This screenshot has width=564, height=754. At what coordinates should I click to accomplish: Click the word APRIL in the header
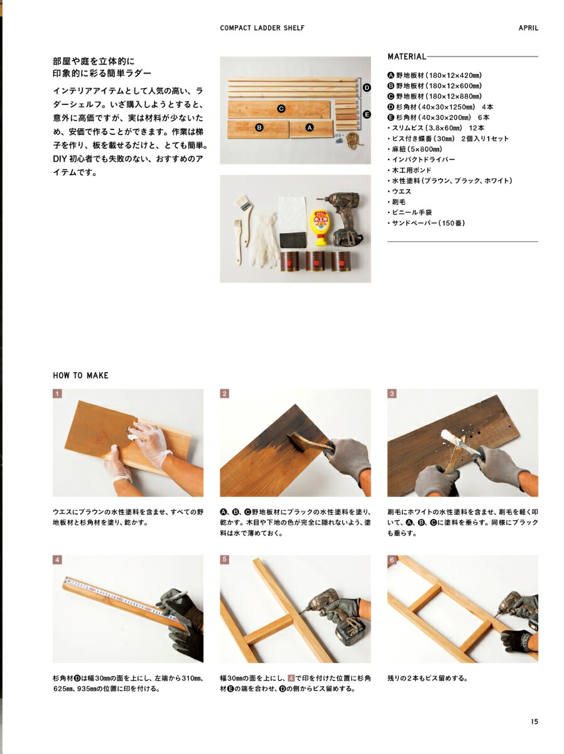pos(528,28)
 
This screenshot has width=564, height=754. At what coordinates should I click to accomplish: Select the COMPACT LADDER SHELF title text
pos(263,28)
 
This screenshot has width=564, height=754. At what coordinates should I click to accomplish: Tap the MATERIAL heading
pos(406,57)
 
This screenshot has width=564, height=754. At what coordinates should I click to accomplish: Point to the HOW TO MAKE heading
pos(80,376)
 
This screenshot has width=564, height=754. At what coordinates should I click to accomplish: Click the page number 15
pos(534,722)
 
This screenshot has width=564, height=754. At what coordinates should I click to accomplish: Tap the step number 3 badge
pos(392,394)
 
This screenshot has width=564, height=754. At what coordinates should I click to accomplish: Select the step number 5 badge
pos(225,559)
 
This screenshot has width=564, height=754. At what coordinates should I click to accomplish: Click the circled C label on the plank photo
pos(281,109)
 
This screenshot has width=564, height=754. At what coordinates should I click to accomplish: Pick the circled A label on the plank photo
pos(309,127)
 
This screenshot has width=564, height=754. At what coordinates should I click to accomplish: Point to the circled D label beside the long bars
pos(367,87)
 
